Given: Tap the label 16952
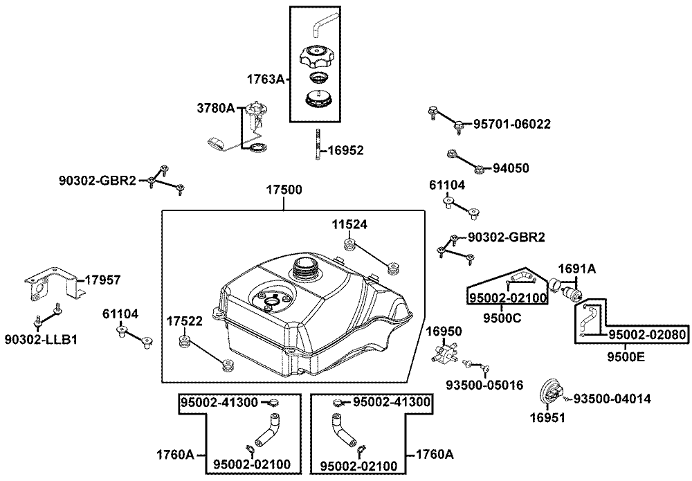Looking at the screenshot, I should point(345,149).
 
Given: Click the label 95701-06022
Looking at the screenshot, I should point(512,125).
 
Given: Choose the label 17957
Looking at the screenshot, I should point(102,280).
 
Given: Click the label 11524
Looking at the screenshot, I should point(349,224).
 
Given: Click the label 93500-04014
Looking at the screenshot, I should point(612,399).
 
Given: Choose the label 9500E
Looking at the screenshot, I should point(628,357).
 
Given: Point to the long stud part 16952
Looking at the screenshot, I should point(318,145).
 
